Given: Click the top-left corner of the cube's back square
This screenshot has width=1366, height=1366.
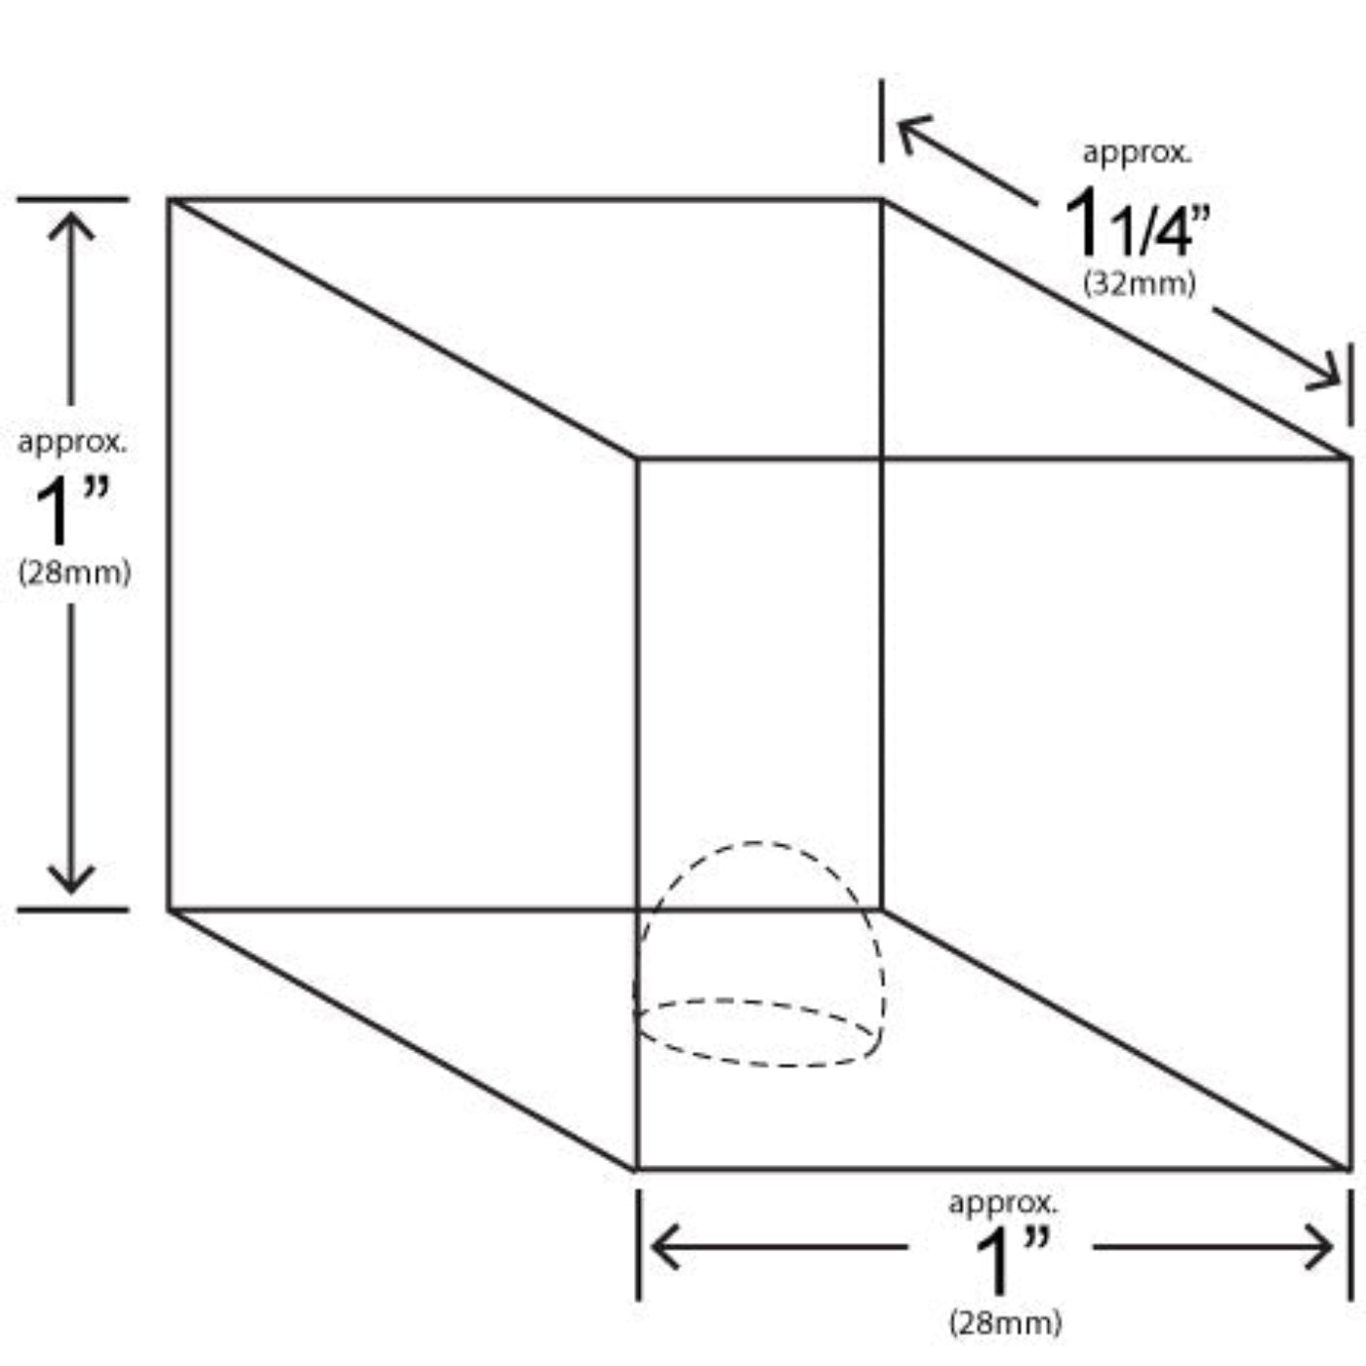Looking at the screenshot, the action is (170, 200).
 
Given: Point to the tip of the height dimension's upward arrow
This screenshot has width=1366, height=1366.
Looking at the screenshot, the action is (71, 213).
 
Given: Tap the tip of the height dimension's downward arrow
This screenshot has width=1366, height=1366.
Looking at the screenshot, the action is (71, 893).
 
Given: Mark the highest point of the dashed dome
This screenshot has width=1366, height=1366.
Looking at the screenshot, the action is (757, 843).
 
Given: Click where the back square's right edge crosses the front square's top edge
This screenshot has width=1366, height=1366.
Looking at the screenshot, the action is (881, 459).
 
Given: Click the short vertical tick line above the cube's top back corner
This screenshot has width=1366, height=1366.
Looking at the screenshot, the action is (881, 121).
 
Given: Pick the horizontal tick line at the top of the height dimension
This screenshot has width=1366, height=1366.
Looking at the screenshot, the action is (73, 199).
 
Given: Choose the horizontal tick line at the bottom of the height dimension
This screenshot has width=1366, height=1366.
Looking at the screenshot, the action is (73, 909).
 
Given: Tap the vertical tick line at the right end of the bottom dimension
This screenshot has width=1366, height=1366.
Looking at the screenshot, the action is (1350, 1245).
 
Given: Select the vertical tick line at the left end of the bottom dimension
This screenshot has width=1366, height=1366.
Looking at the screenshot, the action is (639, 1245).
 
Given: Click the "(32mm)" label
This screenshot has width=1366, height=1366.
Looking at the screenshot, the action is (1140, 284).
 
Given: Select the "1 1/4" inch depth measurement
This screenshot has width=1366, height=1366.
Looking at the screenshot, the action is (1137, 222).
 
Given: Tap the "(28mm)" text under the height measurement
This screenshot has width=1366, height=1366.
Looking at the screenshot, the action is (74, 572).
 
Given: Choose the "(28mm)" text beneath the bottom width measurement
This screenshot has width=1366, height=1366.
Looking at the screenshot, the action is (1006, 1323).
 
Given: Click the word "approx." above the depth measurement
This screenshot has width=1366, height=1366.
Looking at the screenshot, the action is (1137, 153).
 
